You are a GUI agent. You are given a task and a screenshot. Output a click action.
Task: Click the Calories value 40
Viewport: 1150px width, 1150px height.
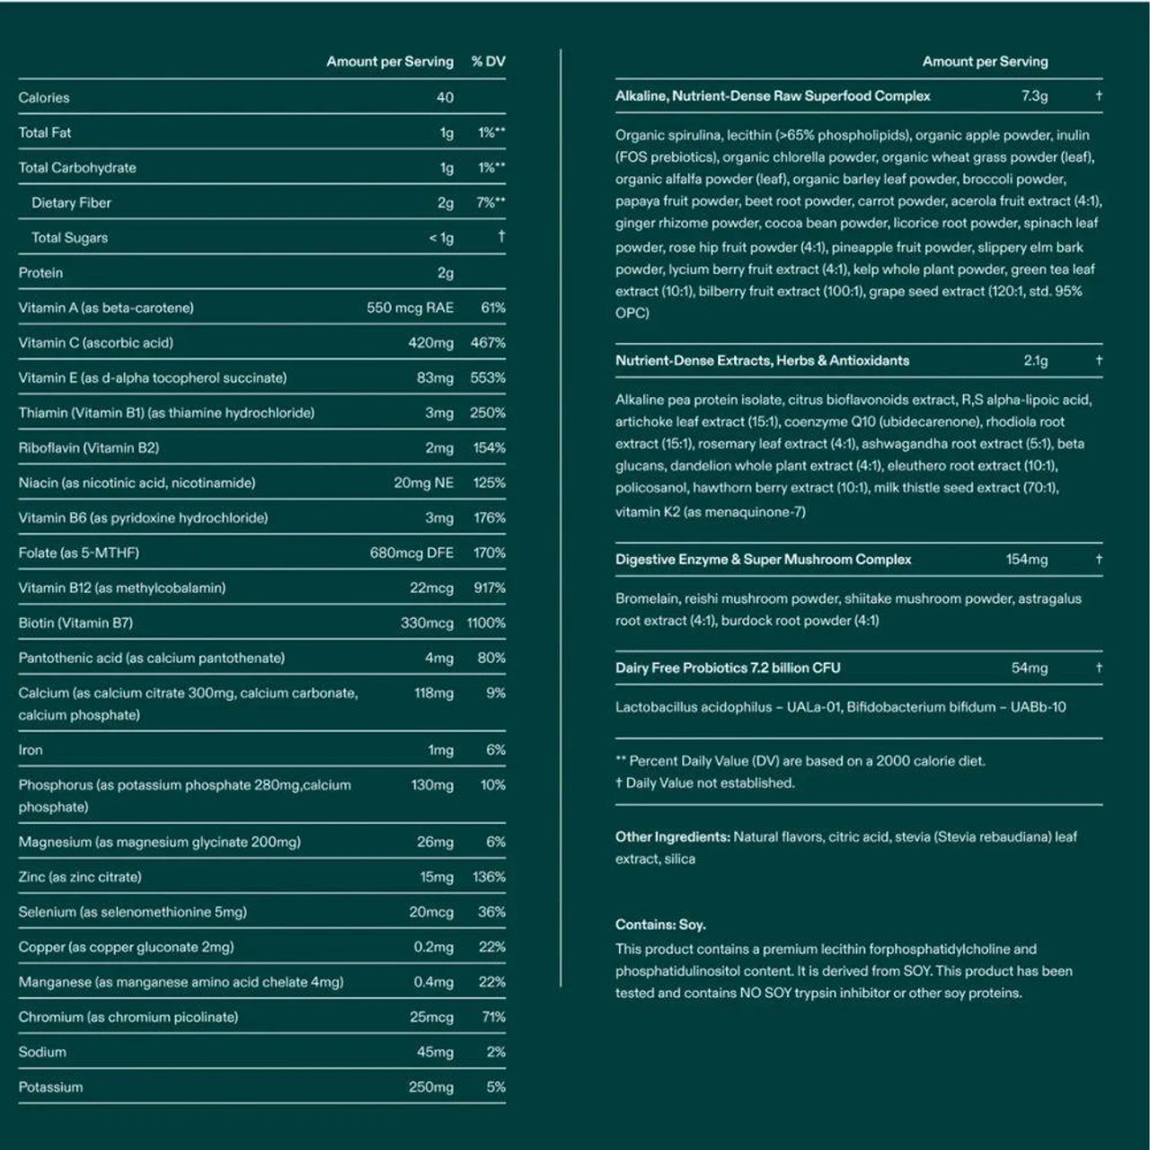pos(445,97)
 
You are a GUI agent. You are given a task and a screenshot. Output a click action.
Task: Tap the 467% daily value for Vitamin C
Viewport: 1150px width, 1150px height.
pos(488,342)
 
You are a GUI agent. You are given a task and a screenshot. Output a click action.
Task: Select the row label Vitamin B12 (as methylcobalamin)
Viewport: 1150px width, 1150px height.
pos(121,588)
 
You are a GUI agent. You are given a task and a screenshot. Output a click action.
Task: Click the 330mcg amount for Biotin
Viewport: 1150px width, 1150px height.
pos(427,623)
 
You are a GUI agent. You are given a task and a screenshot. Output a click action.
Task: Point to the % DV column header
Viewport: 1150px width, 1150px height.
pos(488,61)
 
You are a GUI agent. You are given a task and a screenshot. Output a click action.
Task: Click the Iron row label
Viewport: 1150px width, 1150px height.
pos(31,749)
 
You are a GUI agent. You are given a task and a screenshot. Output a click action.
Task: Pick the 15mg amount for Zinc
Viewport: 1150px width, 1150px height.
pos(437,877)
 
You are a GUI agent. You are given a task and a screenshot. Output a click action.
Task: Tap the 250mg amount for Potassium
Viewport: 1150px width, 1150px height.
pos(431,1087)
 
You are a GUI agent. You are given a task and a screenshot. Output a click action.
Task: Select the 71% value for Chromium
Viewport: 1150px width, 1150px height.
pos(493,1017)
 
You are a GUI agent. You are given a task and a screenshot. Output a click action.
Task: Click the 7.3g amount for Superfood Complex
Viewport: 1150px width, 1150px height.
pos(1034,95)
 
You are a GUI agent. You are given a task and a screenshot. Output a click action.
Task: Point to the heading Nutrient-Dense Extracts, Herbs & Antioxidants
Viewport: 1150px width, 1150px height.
pos(762,360)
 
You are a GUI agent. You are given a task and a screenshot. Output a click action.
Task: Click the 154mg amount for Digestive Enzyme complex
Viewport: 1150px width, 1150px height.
pos(1026,559)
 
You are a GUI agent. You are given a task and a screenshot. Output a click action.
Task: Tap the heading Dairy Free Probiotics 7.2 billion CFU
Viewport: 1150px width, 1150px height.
pos(728,668)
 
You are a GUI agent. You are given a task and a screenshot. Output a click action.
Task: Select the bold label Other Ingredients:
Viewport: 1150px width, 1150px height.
pos(672,836)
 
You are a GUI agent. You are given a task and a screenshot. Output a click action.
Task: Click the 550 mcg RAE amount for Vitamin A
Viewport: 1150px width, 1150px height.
pos(410,307)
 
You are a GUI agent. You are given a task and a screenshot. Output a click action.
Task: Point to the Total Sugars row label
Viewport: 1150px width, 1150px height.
pos(69,237)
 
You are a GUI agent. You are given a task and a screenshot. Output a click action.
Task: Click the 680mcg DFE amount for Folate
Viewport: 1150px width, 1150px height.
pos(411,553)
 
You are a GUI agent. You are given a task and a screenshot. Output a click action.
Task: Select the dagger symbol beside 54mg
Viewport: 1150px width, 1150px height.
pos(1098,668)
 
